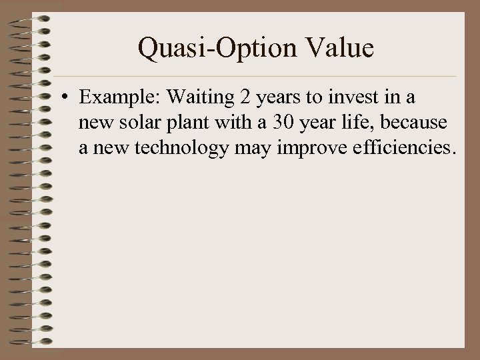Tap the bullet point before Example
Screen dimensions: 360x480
point(69,99)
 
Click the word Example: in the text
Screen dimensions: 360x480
point(119,98)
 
